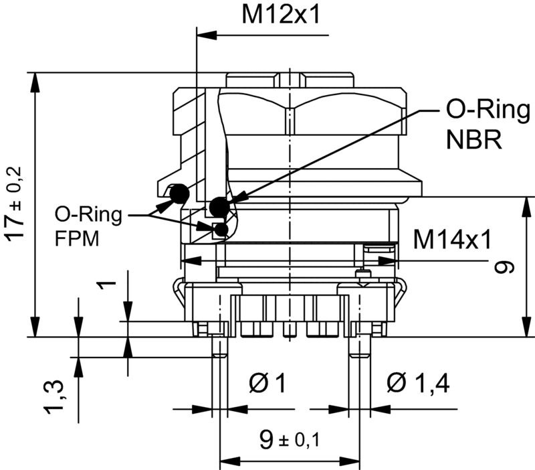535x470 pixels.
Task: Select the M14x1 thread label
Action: pyautogui.click(x=452, y=238)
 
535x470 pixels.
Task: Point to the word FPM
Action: pyautogui.click(x=77, y=238)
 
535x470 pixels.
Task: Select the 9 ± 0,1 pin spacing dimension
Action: pyautogui.click(x=290, y=439)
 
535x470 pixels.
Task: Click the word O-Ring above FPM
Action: pyautogui.click(x=88, y=214)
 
